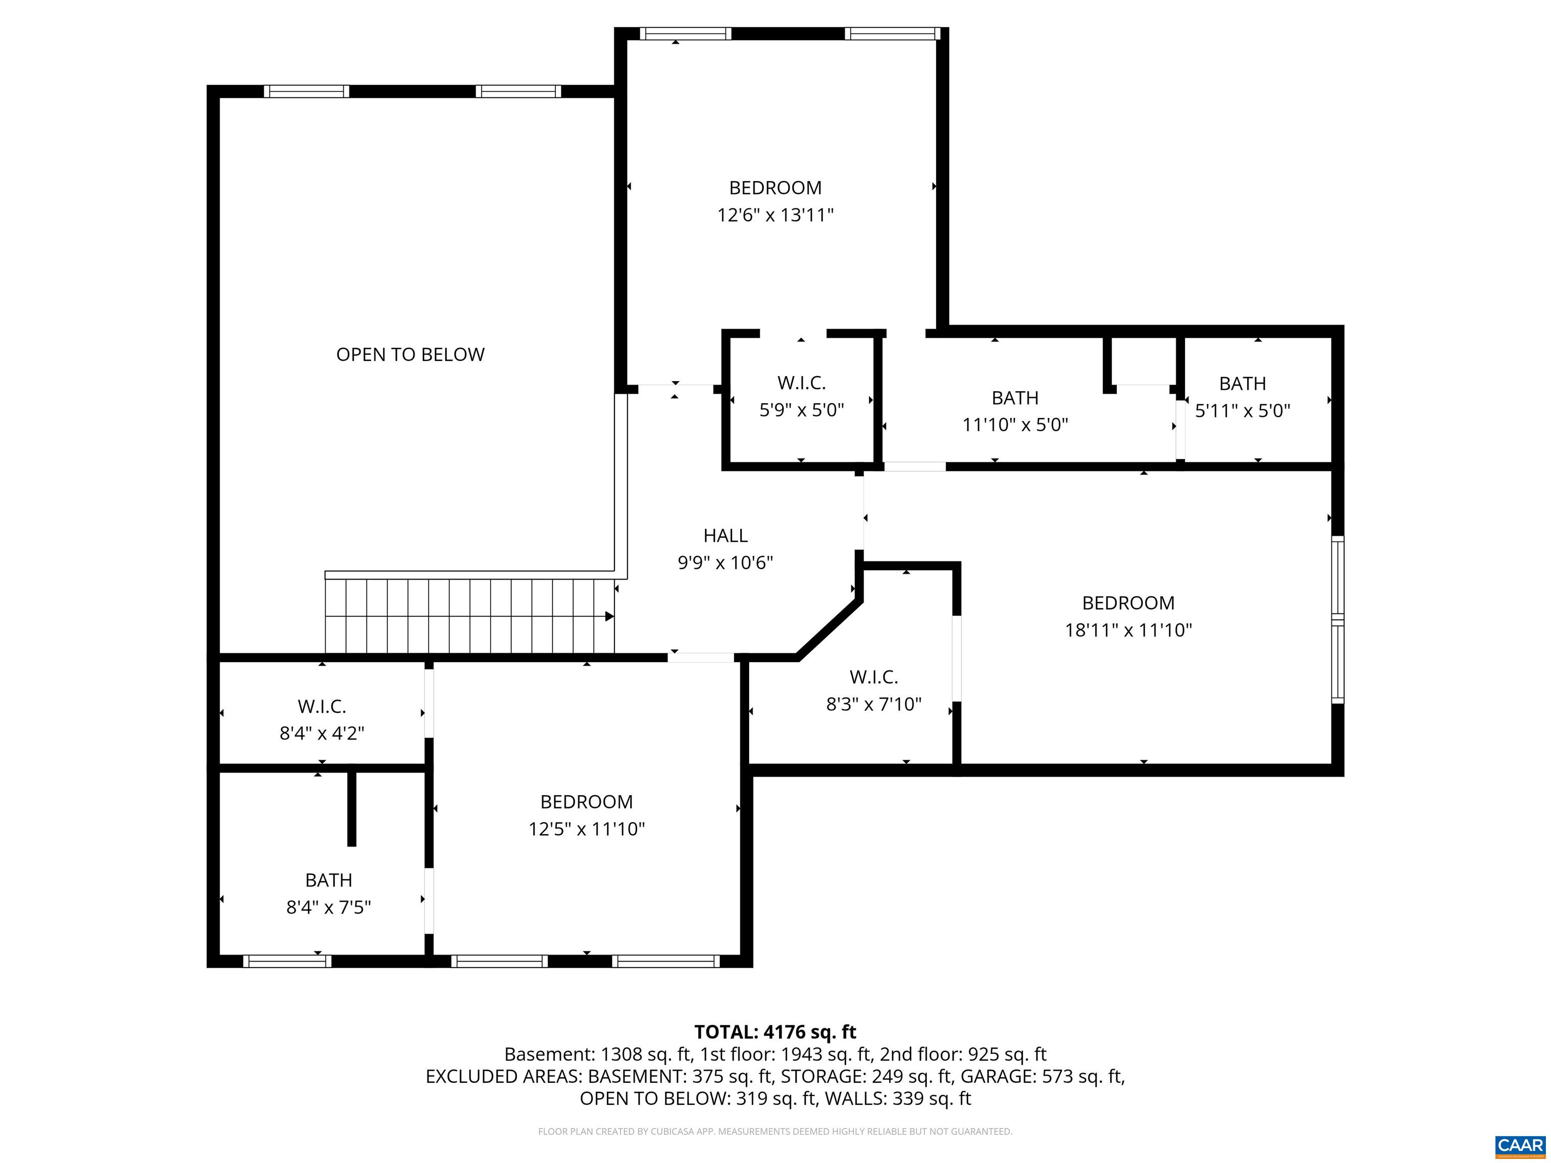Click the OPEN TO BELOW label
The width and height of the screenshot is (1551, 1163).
(410, 355)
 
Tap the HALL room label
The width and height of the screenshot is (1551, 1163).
(725, 536)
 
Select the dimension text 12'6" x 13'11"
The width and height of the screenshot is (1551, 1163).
(775, 215)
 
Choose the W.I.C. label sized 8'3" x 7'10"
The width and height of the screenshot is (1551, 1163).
(873, 677)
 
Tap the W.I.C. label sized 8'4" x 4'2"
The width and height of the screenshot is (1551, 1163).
(322, 706)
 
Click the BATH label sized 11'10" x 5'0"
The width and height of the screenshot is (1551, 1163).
(1015, 398)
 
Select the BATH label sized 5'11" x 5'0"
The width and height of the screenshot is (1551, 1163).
(1242, 384)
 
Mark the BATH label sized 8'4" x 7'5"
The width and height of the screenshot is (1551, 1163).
(328, 880)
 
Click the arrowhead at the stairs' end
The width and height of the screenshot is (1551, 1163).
(609, 616)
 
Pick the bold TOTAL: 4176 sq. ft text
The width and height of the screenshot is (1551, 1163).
(775, 1032)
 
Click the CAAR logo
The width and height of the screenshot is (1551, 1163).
(1520, 1146)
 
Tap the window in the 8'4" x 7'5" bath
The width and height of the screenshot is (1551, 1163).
(287, 961)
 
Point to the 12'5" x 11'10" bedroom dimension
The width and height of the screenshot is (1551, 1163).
(586, 829)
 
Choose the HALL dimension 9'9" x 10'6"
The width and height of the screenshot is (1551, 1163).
(725, 563)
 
